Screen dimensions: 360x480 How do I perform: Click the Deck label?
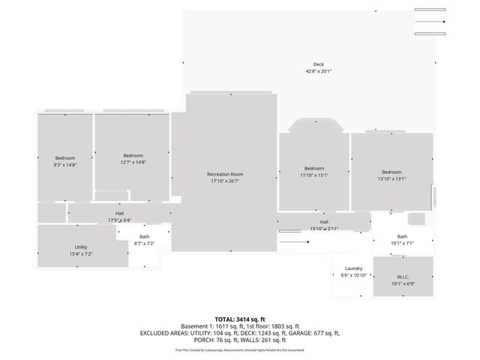pos(318,63)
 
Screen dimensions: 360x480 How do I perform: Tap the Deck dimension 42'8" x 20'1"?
pos(318,71)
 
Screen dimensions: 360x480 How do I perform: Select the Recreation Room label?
pos(225,174)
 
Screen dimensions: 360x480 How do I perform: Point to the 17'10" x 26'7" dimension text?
pos(225,181)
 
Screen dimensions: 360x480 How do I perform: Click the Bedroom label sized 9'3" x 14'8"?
pos(64,157)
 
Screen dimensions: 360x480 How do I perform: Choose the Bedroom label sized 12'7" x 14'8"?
pos(133,155)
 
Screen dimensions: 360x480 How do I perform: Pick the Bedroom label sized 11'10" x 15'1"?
pos(314,168)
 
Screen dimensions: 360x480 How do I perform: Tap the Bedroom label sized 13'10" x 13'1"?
pos(391,172)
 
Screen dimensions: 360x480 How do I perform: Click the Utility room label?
pos(80,247)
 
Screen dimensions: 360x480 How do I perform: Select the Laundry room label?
pos(354,268)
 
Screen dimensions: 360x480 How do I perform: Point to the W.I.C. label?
pos(403,277)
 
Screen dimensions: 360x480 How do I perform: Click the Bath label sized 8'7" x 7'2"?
pos(144,237)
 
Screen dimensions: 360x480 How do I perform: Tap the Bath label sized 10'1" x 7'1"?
pos(402,236)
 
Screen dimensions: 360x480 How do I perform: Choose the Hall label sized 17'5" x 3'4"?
pos(119,214)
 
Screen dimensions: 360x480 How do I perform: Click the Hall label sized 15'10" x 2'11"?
pos(324,222)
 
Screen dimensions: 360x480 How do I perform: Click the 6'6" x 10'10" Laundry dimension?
pos(354,275)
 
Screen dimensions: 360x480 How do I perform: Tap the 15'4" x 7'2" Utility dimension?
pos(80,254)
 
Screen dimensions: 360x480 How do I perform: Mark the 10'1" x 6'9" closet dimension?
pos(403,284)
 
